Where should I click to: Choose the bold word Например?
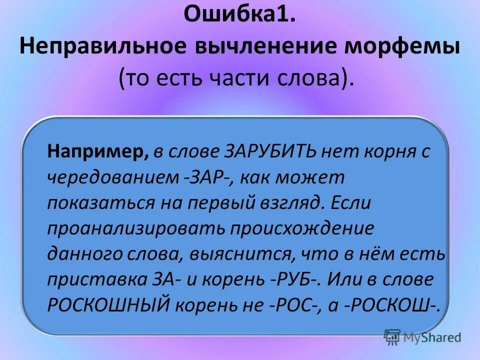click(x=97, y=151)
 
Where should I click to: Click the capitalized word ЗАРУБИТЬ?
click(x=266, y=151)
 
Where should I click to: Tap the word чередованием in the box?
click(x=112, y=177)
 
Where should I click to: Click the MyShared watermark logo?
click(x=422, y=337)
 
